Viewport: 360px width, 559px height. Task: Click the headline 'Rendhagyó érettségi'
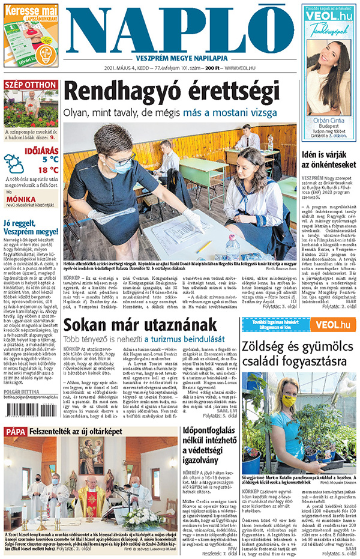tap(171, 91)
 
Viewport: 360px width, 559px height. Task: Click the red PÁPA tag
tap(16, 432)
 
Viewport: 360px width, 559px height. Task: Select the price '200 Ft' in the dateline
tap(209, 68)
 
